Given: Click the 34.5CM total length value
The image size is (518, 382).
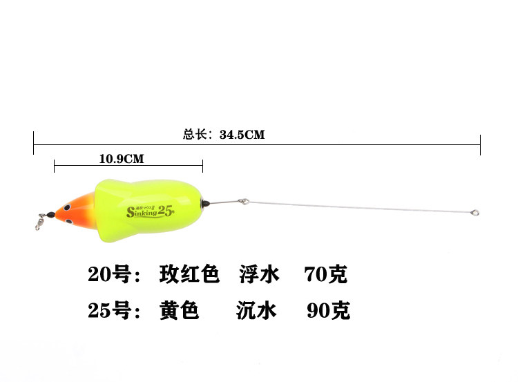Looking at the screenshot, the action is [242, 135].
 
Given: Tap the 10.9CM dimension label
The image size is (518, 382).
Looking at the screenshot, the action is [121, 159].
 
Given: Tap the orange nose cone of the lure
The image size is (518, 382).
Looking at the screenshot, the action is [71, 211].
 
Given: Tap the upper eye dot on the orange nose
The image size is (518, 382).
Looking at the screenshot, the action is [66, 205].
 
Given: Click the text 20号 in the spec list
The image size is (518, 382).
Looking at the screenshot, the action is [109, 275].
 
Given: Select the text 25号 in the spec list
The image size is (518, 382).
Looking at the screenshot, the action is [109, 311].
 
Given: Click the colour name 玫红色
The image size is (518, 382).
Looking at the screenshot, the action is [189, 275].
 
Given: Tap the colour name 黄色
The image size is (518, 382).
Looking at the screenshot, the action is [178, 311].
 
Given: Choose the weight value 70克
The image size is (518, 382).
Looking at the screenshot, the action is [325, 275].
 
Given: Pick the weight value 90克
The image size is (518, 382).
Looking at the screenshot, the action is [328, 311].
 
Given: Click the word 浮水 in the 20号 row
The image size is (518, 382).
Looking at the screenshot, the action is [259, 275].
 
